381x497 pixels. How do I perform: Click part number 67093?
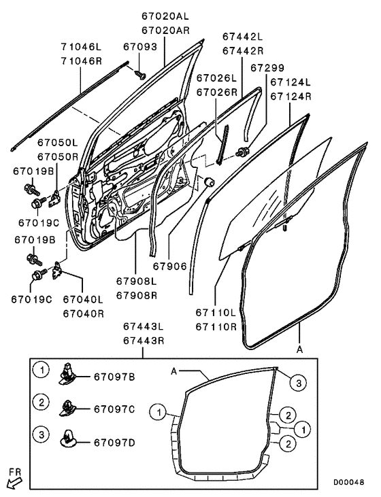click(140, 47)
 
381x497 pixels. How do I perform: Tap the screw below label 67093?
click(140, 75)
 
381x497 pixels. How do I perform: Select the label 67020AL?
click(165, 16)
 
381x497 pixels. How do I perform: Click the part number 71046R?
click(82, 61)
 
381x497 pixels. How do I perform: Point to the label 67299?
click(267, 68)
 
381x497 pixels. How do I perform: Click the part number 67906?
click(169, 266)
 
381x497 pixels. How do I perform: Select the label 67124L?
click(291, 82)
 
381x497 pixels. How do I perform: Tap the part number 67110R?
click(216, 327)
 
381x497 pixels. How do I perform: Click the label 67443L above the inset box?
click(144, 326)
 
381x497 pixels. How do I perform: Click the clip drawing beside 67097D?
click(67, 440)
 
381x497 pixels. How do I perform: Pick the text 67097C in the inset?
click(114, 409)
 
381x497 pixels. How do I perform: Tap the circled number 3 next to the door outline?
click(299, 383)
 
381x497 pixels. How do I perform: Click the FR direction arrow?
click(14, 484)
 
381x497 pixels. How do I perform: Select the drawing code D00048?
click(348, 483)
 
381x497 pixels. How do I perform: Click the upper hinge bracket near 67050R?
click(54, 199)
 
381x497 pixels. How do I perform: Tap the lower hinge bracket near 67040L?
click(57, 270)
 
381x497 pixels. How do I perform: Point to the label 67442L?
click(243, 37)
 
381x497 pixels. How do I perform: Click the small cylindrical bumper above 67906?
click(209, 182)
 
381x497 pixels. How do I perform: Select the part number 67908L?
click(136, 281)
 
